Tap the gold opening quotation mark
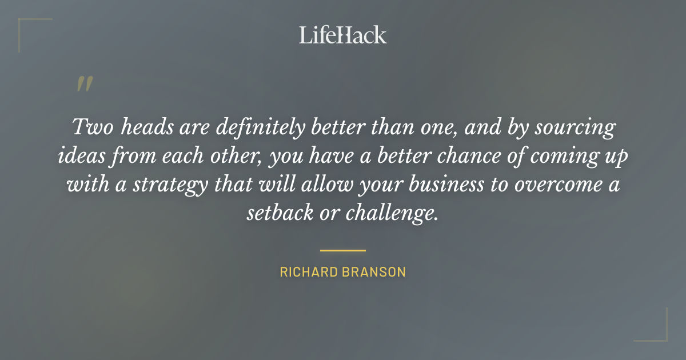pyautogui.click(x=84, y=85)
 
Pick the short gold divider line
pyautogui.click(x=343, y=250)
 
